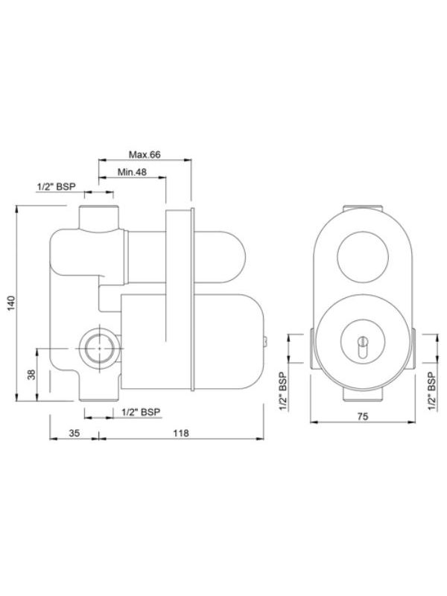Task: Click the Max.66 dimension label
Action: tap(145, 155)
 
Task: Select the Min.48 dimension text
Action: tap(132, 173)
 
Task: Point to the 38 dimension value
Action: tap(31, 374)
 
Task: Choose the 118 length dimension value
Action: tap(181, 433)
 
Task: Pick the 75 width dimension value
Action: tap(362, 418)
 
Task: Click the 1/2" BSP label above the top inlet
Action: tap(57, 187)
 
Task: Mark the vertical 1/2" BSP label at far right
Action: tap(433, 391)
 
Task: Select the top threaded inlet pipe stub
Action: tap(99, 216)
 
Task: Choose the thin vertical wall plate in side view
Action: tap(180, 301)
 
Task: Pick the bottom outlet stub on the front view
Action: tap(362, 394)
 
